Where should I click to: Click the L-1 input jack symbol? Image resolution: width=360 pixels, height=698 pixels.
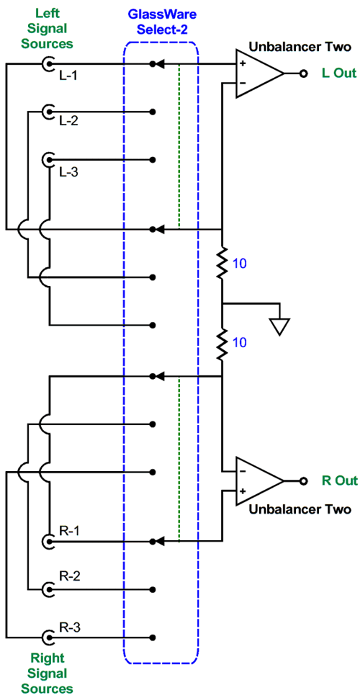point(47,64)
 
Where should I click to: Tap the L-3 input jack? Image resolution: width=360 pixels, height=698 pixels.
point(47,159)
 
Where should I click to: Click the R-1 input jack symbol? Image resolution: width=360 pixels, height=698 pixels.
point(47,541)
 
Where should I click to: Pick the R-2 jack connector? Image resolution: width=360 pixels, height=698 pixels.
point(47,590)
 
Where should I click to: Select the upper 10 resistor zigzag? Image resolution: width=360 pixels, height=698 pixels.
point(222,264)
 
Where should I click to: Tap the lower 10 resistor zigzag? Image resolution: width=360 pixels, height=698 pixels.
point(222,344)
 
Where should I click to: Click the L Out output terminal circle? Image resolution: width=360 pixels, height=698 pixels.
point(304,73)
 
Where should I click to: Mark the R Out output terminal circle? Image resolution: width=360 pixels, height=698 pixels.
point(304,480)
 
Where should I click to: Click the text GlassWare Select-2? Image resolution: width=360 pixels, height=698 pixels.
point(162,23)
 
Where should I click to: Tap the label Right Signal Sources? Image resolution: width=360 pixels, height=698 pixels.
point(48,674)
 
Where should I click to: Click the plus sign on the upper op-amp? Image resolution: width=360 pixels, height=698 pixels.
point(243,63)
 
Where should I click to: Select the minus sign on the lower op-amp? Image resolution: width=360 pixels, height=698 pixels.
point(243,471)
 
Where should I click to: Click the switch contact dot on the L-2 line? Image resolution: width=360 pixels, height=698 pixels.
point(153,111)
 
